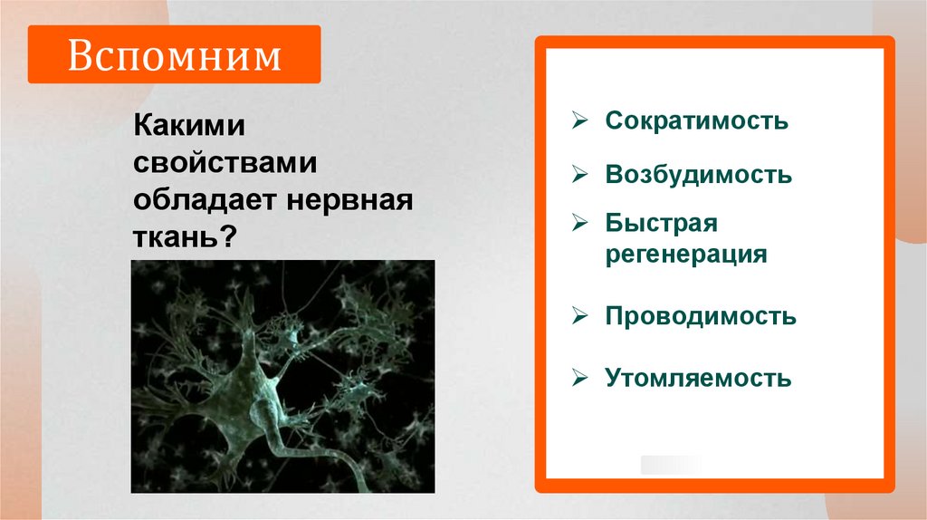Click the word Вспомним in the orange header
(x=174, y=56)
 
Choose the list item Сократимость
(x=696, y=120)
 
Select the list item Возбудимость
(x=698, y=174)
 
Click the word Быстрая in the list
(x=661, y=223)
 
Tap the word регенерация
(x=686, y=254)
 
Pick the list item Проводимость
(x=701, y=316)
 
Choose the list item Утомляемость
(x=698, y=377)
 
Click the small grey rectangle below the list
(x=670, y=465)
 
